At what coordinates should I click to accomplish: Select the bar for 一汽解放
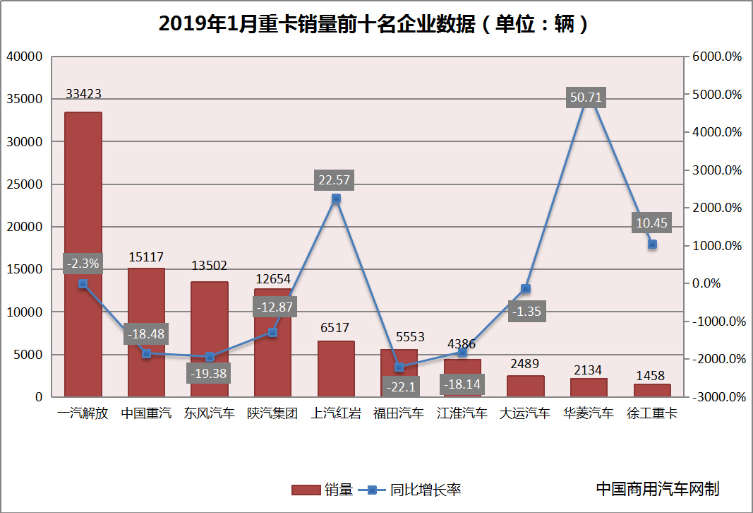(83, 254)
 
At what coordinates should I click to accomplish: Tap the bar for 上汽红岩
(336, 369)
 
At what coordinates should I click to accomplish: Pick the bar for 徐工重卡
(652, 390)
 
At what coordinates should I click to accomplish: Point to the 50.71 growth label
(586, 98)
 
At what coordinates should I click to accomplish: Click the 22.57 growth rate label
(335, 181)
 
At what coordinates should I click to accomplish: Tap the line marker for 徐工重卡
(652, 244)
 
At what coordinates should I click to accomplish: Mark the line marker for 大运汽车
(526, 288)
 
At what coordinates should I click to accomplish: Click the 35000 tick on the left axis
(25, 99)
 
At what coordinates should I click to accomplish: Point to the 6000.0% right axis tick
(717, 57)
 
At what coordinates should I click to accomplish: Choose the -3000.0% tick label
(717, 397)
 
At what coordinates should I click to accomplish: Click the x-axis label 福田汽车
(399, 413)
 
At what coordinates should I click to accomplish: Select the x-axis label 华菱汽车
(589, 413)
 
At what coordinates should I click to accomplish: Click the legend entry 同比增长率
(410, 489)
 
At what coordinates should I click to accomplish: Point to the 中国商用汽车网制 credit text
(658, 488)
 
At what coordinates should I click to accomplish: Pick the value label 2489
(525, 364)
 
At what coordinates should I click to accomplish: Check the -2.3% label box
(83, 264)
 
